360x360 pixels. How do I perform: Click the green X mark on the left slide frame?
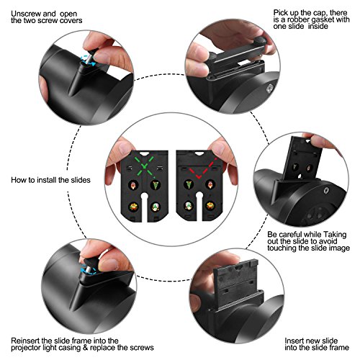144,166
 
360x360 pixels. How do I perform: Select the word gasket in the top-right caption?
323,19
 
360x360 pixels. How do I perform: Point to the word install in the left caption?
45,180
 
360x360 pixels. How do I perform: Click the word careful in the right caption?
291,234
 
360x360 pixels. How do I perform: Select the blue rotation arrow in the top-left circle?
87,60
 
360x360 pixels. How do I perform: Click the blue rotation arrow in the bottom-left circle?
88,270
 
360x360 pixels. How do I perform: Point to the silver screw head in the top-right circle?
270,88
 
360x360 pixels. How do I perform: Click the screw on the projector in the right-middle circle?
326,191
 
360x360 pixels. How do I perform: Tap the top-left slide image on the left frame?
133,185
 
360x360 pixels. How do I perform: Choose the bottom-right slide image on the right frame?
210,206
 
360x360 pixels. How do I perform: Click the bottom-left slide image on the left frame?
133,207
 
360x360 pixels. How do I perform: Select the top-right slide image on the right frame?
210,184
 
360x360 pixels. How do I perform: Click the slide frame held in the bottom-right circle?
236,279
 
